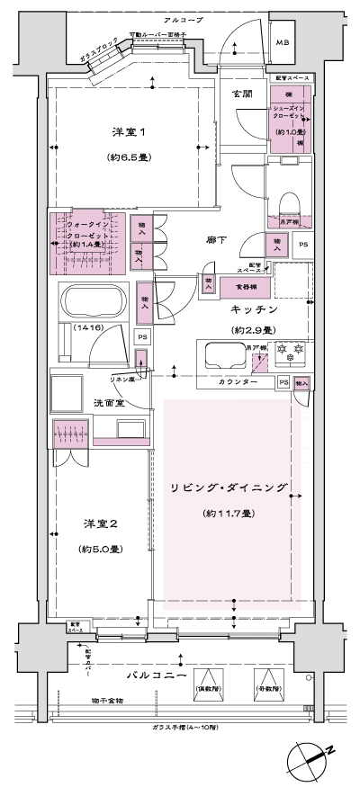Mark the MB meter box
click(282, 41)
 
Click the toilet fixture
click(288, 199)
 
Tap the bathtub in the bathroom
click(91, 300)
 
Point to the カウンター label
click(240, 383)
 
